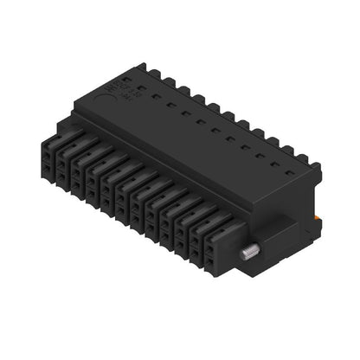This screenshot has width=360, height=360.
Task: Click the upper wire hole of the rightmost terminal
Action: pos(210,241)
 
